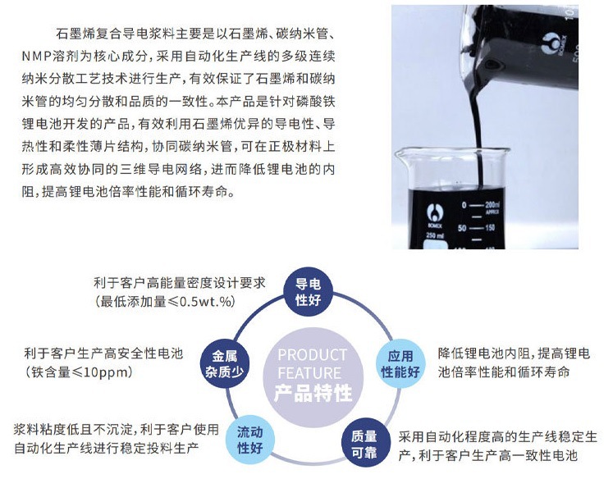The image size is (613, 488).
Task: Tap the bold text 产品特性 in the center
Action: [313, 394]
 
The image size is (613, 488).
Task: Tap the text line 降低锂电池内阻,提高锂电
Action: [513, 353]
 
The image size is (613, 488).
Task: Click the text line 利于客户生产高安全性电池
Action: [103, 353]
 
